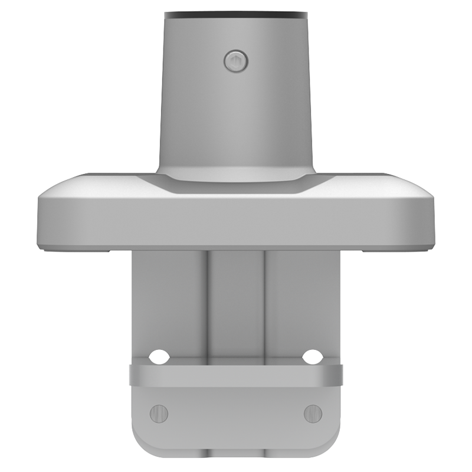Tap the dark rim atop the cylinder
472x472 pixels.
[x=235, y=14]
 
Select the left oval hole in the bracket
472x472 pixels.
[x=158, y=356]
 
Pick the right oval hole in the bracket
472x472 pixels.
[x=312, y=356]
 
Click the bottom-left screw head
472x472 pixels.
[x=159, y=412]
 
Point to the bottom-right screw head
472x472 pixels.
[x=312, y=412]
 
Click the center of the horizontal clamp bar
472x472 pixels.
[x=236, y=375]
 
